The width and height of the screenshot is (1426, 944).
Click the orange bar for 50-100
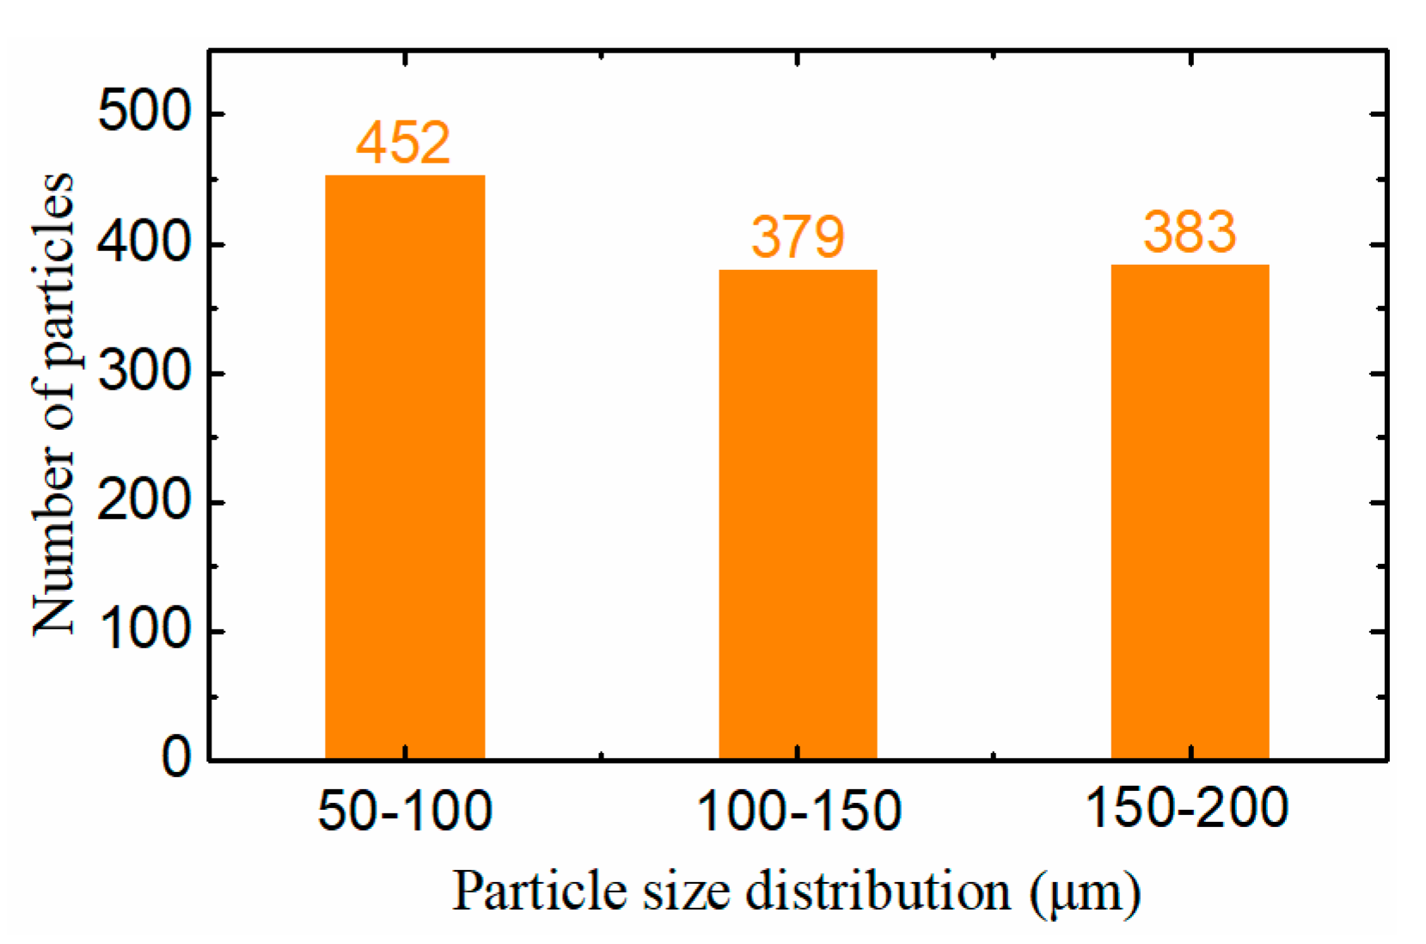click(x=404, y=467)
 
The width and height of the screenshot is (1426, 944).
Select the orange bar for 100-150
click(x=798, y=514)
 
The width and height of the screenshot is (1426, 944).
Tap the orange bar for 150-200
click(x=1190, y=512)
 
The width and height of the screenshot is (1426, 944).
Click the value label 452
click(x=403, y=143)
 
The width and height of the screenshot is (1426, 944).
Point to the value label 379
click(x=798, y=237)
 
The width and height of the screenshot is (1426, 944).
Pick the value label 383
click(x=1190, y=232)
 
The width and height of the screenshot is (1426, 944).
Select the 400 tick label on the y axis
click(x=143, y=244)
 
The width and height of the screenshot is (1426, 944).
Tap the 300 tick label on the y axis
click(x=143, y=373)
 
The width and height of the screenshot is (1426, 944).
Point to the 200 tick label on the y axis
click(x=143, y=501)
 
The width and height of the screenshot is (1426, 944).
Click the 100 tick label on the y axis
click(x=143, y=630)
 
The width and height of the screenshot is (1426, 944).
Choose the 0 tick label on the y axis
click(x=175, y=758)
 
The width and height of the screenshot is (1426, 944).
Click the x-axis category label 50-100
click(x=405, y=810)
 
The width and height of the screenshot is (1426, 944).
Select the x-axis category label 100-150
click(x=798, y=810)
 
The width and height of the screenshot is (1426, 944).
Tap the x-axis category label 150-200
click(x=1187, y=808)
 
